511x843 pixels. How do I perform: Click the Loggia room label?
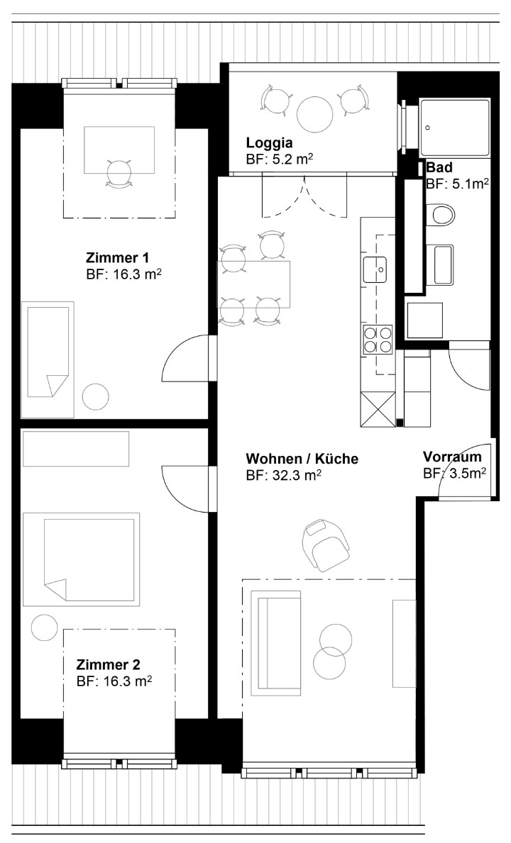tap(269, 143)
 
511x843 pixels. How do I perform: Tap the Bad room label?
tap(439, 168)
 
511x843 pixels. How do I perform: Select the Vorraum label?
tap(452, 457)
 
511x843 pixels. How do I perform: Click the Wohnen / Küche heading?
tap(302, 459)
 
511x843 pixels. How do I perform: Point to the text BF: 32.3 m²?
tap(283, 475)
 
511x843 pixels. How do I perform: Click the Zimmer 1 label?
tap(117, 257)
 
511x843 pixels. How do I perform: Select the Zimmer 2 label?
tap(108, 663)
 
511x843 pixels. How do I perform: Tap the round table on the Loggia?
tap(315, 113)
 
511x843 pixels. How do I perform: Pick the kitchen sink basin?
tap(375, 270)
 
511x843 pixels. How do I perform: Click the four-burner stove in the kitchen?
tap(378, 340)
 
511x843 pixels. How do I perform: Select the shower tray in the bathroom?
tap(454, 128)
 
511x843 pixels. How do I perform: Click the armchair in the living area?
tap(326, 545)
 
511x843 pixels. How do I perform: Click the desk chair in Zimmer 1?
tap(119, 173)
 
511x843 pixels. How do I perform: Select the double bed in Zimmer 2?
tap(81, 558)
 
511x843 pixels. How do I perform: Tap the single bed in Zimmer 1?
tap(48, 359)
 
